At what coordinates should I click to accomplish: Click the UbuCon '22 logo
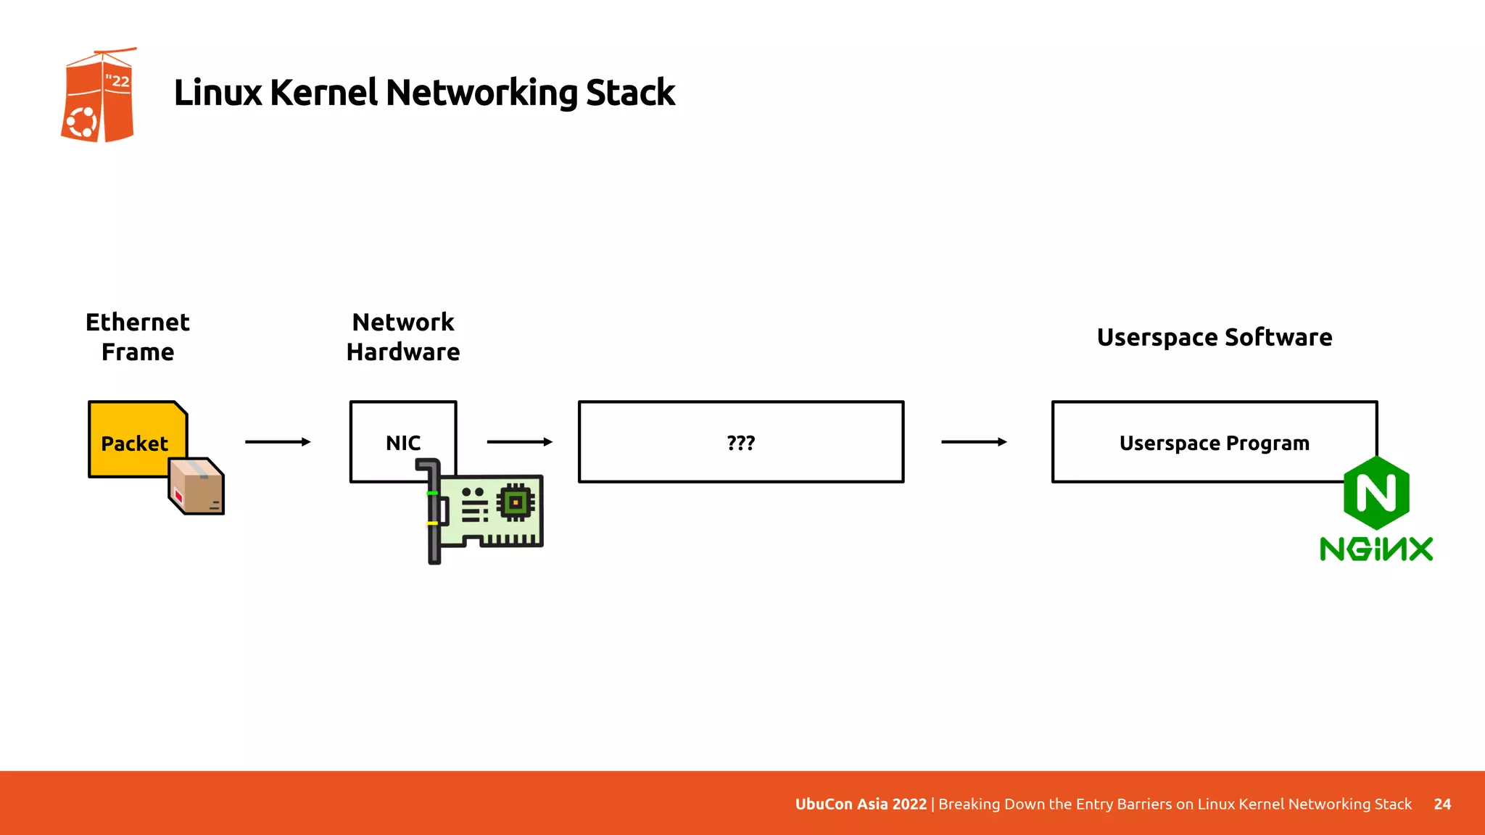point(98,96)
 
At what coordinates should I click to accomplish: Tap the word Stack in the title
point(629,93)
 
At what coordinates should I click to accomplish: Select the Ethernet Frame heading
point(138,337)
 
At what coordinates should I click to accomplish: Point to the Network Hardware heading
point(403,337)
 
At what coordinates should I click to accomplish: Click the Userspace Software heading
point(1215,337)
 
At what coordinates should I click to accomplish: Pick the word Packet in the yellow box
point(134,443)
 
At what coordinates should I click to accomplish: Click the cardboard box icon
point(197,486)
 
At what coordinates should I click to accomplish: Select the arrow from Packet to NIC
point(278,441)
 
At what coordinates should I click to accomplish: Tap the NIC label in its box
point(403,443)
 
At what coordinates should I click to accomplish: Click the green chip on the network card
point(516,502)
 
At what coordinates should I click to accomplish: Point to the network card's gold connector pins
point(511,540)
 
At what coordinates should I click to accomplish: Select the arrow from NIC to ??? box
point(519,441)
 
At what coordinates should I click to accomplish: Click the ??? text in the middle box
point(741,443)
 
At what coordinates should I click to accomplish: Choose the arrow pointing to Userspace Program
point(974,441)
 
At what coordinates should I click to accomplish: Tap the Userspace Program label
point(1215,443)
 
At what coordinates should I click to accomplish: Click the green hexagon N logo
point(1376,493)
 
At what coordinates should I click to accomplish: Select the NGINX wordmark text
point(1376,549)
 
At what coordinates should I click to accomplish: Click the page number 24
point(1442,804)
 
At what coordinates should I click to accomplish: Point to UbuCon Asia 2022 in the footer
point(861,804)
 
